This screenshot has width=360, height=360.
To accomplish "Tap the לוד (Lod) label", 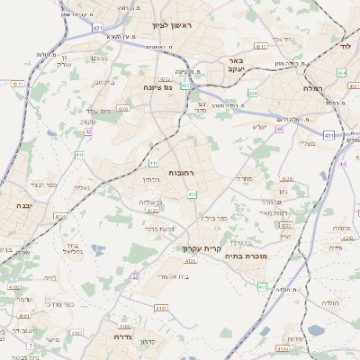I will tap(344, 44).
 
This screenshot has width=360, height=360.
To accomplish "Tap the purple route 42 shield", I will tap(88, 132).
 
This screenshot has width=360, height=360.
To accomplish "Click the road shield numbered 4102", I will tap(14, 287).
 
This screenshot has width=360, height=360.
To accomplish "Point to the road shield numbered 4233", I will tap(286, 179).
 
